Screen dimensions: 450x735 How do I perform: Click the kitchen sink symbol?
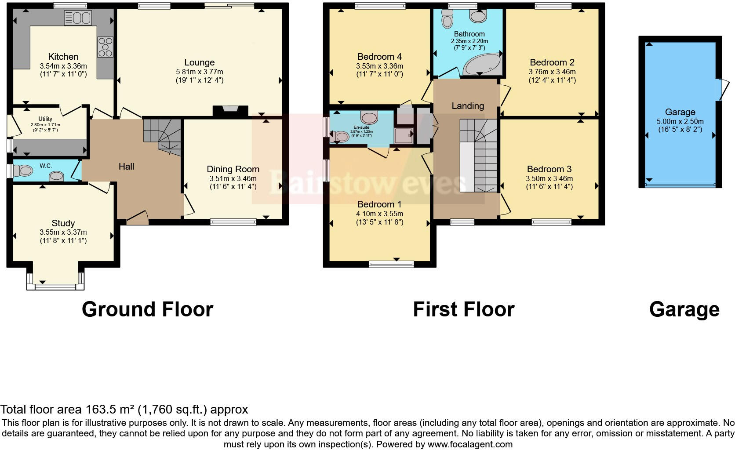click(x=77, y=18)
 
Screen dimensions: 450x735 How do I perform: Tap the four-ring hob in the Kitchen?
click(x=105, y=46)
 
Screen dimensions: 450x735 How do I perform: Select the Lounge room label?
click(x=199, y=62)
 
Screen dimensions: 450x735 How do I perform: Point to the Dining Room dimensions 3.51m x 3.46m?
click(x=233, y=178)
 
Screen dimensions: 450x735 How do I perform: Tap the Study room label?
click(x=63, y=223)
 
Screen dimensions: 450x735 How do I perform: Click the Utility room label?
click(x=45, y=119)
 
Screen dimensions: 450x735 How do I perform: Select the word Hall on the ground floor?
click(x=126, y=166)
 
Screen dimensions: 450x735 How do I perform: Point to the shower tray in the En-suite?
click(x=403, y=136)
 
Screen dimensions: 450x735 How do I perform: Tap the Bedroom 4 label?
click(x=379, y=56)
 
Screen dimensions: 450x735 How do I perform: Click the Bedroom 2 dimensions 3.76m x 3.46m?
click(x=552, y=72)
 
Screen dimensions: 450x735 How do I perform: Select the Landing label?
click(x=467, y=106)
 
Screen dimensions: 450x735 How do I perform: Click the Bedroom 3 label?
click(x=549, y=169)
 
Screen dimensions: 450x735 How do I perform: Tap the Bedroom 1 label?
click(x=379, y=204)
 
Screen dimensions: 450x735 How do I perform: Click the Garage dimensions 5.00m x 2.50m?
click(x=680, y=121)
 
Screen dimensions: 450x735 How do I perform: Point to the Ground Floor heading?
click(x=147, y=309)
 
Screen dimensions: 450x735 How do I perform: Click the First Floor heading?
click(x=463, y=309)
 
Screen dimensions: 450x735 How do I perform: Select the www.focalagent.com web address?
click(x=470, y=444)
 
